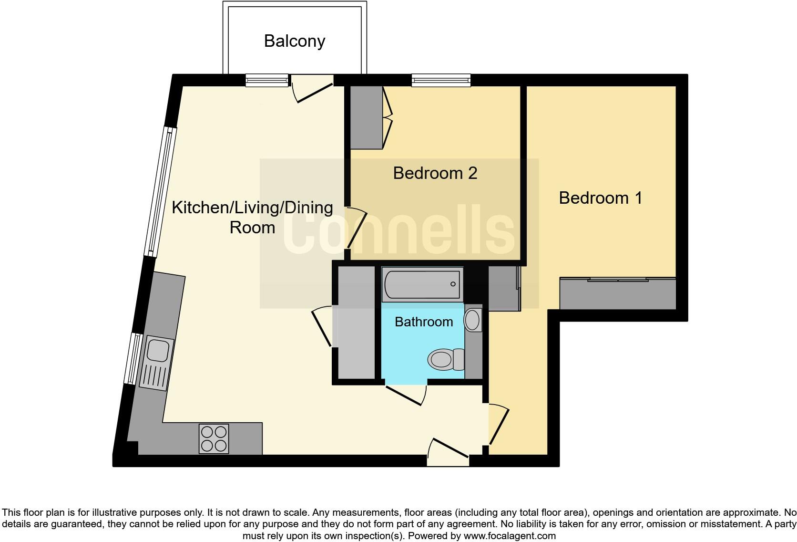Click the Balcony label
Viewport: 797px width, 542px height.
pyautogui.click(x=295, y=42)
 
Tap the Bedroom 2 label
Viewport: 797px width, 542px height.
pyautogui.click(x=435, y=173)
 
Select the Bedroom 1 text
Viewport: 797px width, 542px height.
pyautogui.click(x=601, y=198)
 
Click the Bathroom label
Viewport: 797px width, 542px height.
pyautogui.click(x=424, y=322)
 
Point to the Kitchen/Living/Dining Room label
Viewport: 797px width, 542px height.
pyautogui.click(x=252, y=218)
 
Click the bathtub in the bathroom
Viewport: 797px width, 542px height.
pyautogui.click(x=422, y=284)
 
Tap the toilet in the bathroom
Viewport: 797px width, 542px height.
pyautogui.click(x=446, y=359)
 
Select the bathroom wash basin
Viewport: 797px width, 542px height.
pyautogui.click(x=472, y=320)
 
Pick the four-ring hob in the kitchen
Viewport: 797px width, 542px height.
pyautogui.click(x=214, y=439)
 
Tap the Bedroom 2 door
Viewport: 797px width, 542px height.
pyautogui.click(x=356, y=228)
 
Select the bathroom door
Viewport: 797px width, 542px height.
pyautogui.click(x=406, y=395)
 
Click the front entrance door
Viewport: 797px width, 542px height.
pyautogui.click(x=448, y=448)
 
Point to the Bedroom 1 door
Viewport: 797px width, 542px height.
pyautogui.click(x=499, y=425)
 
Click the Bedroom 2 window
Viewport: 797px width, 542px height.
pyautogui.click(x=441, y=80)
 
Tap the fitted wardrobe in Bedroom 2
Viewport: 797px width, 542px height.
pyautogui.click(x=367, y=117)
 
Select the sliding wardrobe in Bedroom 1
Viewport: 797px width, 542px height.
pyautogui.click(x=618, y=293)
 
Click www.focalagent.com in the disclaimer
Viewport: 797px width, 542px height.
pyautogui.click(x=510, y=536)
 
